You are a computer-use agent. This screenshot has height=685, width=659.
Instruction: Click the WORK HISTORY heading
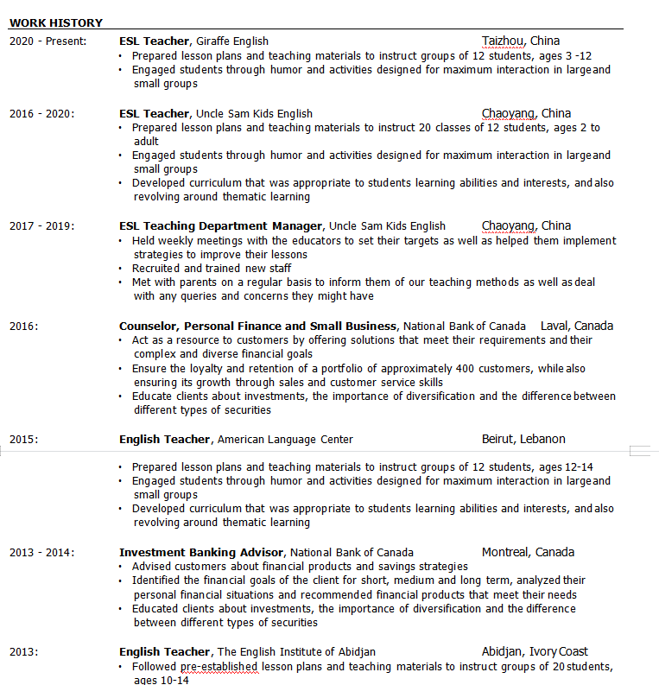pos(56,23)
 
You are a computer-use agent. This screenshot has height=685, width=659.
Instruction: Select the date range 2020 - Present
pos(48,41)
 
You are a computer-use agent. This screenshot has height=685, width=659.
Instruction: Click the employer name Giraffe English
pos(232,41)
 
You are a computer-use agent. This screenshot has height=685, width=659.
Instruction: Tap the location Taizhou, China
pos(521,41)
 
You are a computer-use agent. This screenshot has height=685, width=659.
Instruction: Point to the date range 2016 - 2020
pos(41,114)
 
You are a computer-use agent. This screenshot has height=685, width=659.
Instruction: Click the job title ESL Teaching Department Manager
pos(221,226)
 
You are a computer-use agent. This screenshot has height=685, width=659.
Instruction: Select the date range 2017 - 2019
pos(41,226)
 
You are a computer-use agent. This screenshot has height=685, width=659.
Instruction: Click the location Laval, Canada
pos(577,327)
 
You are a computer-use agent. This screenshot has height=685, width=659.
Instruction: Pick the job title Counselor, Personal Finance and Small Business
pos(258,327)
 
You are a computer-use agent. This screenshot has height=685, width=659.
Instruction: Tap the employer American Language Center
pos(285,440)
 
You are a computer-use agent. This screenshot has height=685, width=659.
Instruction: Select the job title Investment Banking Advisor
pos(201,553)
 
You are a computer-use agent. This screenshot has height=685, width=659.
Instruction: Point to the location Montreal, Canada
pos(528,553)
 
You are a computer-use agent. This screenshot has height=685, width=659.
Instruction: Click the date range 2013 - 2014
pos(41,553)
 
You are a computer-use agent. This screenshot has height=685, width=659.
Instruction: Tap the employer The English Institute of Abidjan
pos(296,652)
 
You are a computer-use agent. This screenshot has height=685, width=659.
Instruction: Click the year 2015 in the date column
pos(23,440)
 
